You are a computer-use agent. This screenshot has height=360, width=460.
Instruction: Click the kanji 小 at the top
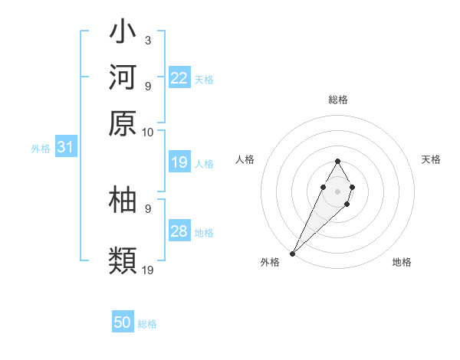pyautogui.click(x=123, y=34)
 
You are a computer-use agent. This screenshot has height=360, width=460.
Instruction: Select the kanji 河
pyautogui.click(x=123, y=79)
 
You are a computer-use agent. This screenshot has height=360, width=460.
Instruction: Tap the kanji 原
pyautogui.click(x=123, y=123)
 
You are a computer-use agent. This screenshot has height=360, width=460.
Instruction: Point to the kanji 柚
pyautogui.click(x=123, y=200)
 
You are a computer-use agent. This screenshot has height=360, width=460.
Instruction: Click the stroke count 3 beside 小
pyautogui.click(x=147, y=40)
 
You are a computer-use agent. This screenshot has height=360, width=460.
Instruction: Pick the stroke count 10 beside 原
pyautogui.click(x=148, y=132)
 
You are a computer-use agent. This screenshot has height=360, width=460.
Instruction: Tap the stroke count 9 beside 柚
pyautogui.click(x=147, y=208)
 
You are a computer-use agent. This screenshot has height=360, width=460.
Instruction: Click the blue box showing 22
pyautogui.click(x=179, y=78)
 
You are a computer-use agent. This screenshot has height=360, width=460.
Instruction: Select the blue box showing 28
pyautogui.click(x=179, y=231)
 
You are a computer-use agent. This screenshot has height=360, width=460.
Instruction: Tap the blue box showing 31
pyautogui.click(x=65, y=147)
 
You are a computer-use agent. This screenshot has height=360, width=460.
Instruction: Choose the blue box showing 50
pyautogui.click(x=123, y=322)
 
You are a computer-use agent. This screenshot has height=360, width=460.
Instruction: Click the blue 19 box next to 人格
pyautogui.click(x=179, y=162)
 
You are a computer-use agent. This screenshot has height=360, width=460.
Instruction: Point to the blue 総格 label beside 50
pyautogui.click(x=147, y=324)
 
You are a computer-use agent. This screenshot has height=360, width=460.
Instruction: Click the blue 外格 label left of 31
pyautogui.click(x=41, y=149)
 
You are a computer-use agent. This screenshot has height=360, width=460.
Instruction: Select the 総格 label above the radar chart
pyautogui.click(x=337, y=100)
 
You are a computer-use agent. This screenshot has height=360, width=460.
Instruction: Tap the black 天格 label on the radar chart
pyautogui.click(x=431, y=159)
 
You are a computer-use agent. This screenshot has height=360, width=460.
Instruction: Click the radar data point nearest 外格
pyautogui.click(x=293, y=253)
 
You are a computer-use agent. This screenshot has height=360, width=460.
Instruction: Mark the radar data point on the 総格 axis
pyautogui.click(x=337, y=161)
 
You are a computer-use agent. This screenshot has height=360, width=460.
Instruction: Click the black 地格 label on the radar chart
pyautogui.click(x=402, y=262)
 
